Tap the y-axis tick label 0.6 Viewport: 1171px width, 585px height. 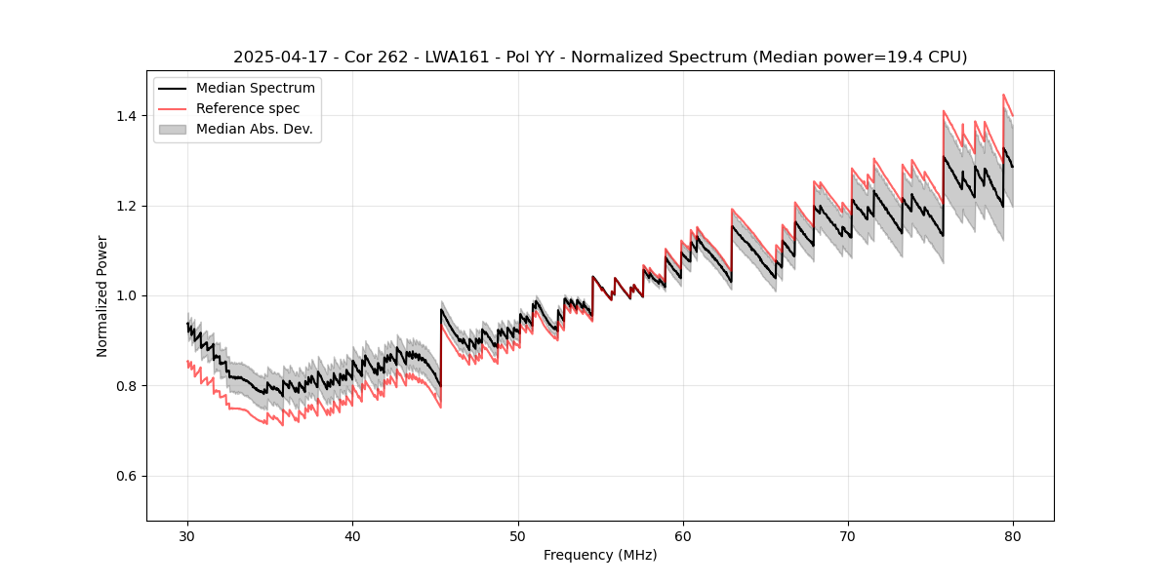tap(127, 476)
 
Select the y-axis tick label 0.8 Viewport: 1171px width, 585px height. tap(127, 386)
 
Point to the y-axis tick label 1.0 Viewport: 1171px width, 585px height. tap(127, 295)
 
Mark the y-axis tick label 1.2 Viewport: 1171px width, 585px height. tap(127, 206)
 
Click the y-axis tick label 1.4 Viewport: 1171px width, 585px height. tap(127, 116)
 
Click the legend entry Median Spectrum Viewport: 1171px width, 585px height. tap(256, 89)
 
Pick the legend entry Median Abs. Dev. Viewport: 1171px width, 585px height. tap(255, 129)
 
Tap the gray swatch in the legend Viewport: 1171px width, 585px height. tap(175, 129)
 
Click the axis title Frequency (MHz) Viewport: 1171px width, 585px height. tap(600, 555)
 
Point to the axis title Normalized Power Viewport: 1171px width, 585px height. tap(102, 295)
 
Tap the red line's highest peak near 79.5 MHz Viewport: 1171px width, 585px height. tap(1003, 95)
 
